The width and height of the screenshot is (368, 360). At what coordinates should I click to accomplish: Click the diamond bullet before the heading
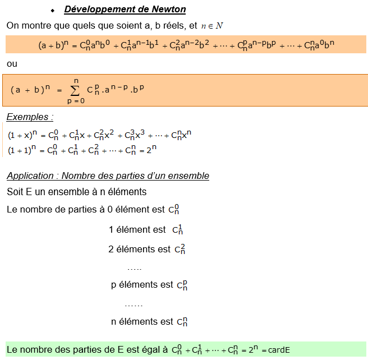[52, 11]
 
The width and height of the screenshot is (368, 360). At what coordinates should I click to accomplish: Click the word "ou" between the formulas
[12, 64]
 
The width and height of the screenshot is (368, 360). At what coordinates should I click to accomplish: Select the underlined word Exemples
[30, 117]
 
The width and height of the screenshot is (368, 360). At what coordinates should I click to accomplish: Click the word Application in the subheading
[30, 176]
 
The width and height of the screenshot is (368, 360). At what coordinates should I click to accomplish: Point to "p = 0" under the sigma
[76, 101]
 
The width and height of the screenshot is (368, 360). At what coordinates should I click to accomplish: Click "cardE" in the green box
[279, 350]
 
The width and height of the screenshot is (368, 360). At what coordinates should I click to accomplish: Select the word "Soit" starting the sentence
[15, 192]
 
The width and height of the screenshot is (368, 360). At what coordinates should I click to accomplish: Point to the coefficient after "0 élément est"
[174, 210]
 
